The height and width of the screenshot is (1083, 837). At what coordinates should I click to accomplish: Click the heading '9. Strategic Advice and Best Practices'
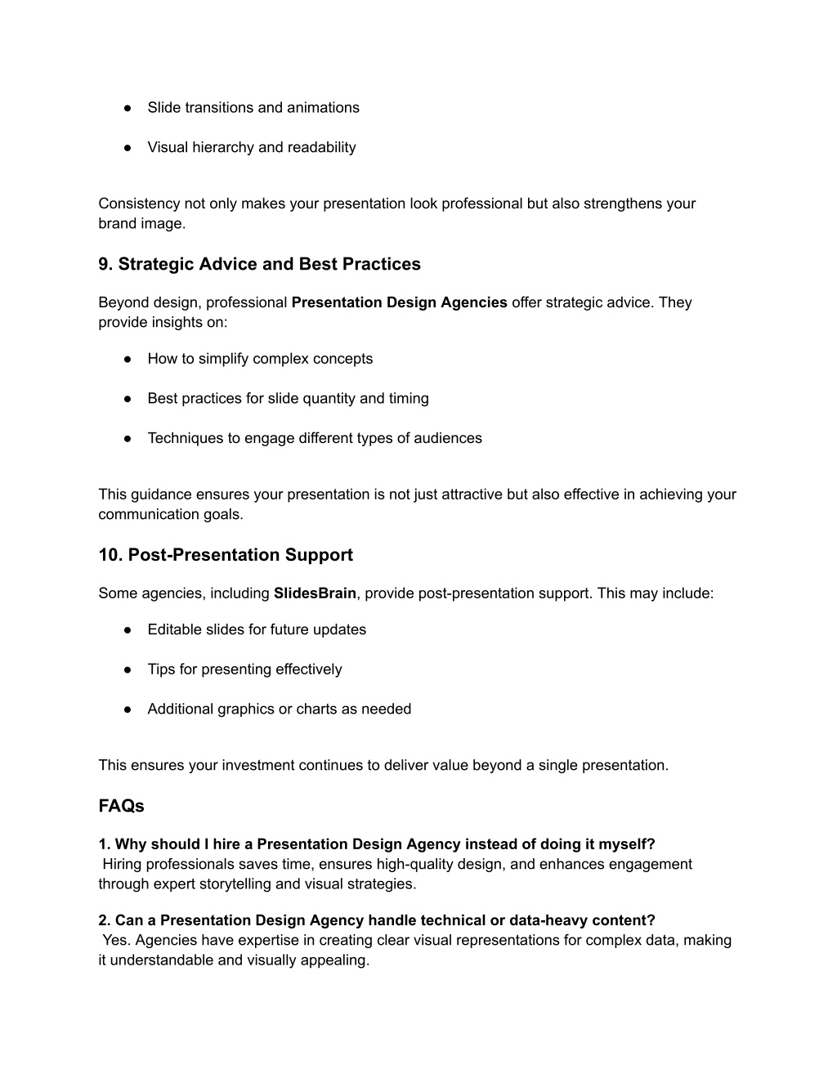[259, 264]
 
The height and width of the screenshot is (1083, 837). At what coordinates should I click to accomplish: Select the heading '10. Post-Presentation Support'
[226, 555]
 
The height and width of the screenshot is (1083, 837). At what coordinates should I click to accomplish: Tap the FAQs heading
[121, 806]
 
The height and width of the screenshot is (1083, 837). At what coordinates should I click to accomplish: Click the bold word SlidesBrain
[315, 593]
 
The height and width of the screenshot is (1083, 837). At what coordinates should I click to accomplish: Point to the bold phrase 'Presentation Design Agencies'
[399, 302]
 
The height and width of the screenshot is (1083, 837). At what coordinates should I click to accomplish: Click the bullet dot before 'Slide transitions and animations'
[128, 108]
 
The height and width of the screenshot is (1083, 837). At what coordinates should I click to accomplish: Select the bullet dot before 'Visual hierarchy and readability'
[128, 148]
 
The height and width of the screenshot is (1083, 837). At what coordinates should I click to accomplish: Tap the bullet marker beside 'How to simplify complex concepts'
[128, 359]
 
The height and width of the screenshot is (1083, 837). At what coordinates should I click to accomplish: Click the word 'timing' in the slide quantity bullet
[409, 399]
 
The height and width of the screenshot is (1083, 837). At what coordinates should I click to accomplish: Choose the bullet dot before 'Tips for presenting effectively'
[128, 669]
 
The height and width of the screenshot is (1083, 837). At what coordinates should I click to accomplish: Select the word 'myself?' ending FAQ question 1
[629, 844]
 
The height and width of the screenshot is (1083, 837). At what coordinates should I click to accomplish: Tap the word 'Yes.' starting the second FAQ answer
[117, 940]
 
